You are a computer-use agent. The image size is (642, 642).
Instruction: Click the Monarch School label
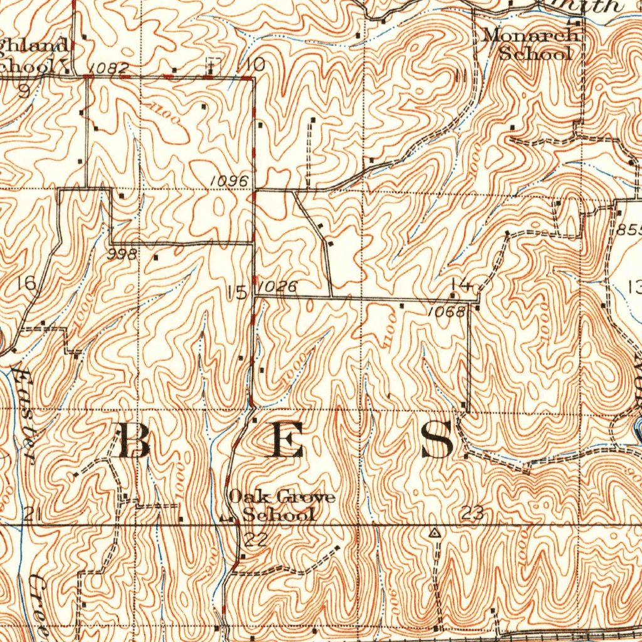[529, 44]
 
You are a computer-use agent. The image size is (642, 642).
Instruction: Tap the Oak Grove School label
[282, 506]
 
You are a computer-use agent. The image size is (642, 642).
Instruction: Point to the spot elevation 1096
[229, 180]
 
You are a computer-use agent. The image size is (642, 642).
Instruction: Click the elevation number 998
[122, 254]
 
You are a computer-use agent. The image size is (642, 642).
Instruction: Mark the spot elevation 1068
[446, 312]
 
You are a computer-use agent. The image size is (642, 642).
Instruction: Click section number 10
[255, 65]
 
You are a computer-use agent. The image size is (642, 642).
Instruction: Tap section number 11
[461, 76]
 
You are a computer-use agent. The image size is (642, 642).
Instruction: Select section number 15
[238, 292]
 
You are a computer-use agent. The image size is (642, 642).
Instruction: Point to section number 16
[28, 283]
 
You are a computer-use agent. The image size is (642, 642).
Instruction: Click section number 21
[33, 515]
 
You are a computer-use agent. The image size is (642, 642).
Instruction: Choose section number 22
[256, 539]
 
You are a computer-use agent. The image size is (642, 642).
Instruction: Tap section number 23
[471, 513]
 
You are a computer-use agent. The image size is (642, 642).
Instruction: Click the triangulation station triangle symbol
[434, 533]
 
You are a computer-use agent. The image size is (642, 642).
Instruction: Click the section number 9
[24, 92]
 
